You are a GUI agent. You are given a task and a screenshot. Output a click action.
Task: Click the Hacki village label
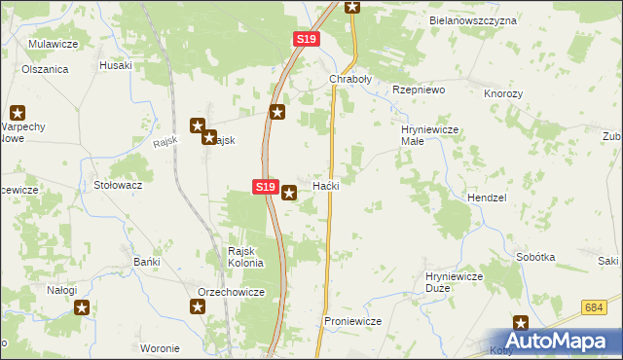[x=325, y=185]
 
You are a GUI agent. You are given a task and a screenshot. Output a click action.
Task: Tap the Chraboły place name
[x=350, y=79]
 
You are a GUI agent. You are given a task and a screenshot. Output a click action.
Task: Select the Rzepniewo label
[x=418, y=89]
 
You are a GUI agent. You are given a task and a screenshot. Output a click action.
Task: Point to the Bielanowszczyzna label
[x=473, y=19]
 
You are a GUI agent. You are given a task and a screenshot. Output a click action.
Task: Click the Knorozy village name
[x=503, y=93]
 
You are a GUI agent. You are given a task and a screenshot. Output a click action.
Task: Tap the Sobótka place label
[x=536, y=257]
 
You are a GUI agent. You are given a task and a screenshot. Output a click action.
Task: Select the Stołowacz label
[x=118, y=184]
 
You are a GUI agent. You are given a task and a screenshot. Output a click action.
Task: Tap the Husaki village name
[x=116, y=65]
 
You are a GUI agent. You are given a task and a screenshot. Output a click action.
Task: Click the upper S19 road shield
[x=306, y=38]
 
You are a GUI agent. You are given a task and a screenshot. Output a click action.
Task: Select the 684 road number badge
[x=596, y=308]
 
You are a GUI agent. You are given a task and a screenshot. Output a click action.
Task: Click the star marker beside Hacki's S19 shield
[x=289, y=194]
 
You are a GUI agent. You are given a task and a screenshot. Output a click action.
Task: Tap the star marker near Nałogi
[x=83, y=307]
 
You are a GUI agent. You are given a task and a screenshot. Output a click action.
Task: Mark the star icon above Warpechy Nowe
[x=18, y=113]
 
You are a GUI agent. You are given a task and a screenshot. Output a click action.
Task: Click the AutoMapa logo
[x=562, y=341]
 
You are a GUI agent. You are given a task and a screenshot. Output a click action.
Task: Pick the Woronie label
[x=160, y=348]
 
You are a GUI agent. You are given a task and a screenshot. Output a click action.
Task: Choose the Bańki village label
[x=146, y=263]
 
